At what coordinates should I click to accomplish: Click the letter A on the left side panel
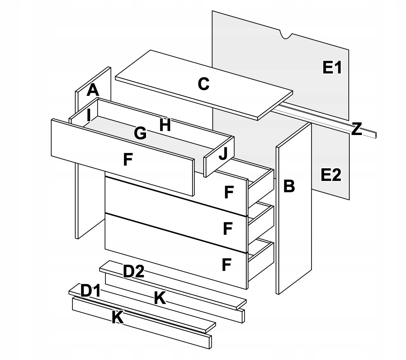pyautogui.click(x=93, y=90)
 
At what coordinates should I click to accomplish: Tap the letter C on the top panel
pyautogui.click(x=204, y=84)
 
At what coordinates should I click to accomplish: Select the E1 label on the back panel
pyautogui.click(x=332, y=68)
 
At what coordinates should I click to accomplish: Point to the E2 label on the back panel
pyautogui.click(x=331, y=175)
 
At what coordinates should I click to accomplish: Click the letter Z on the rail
pyautogui.click(x=356, y=129)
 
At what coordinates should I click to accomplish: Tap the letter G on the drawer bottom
pyautogui.click(x=140, y=133)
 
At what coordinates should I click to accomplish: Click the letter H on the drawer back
pyautogui.click(x=165, y=125)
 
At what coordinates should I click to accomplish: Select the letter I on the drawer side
pyautogui.click(x=88, y=115)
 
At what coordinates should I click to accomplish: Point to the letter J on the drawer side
pyautogui.click(x=223, y=154)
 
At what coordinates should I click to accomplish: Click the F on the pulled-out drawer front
pyautogui.click(x=128, y=160)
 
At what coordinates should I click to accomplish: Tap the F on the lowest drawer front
pyautogui.click(x=227, y=265)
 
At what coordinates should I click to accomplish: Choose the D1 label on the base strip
pyautogui.click(x=90, y=291)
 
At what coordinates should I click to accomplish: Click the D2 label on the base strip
pyautogui.click(x=133, y=272)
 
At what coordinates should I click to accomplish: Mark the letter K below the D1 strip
pyautogui.click(x=118, y=317)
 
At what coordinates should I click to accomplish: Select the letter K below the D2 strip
pyautogui.click(x=160, y=298)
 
